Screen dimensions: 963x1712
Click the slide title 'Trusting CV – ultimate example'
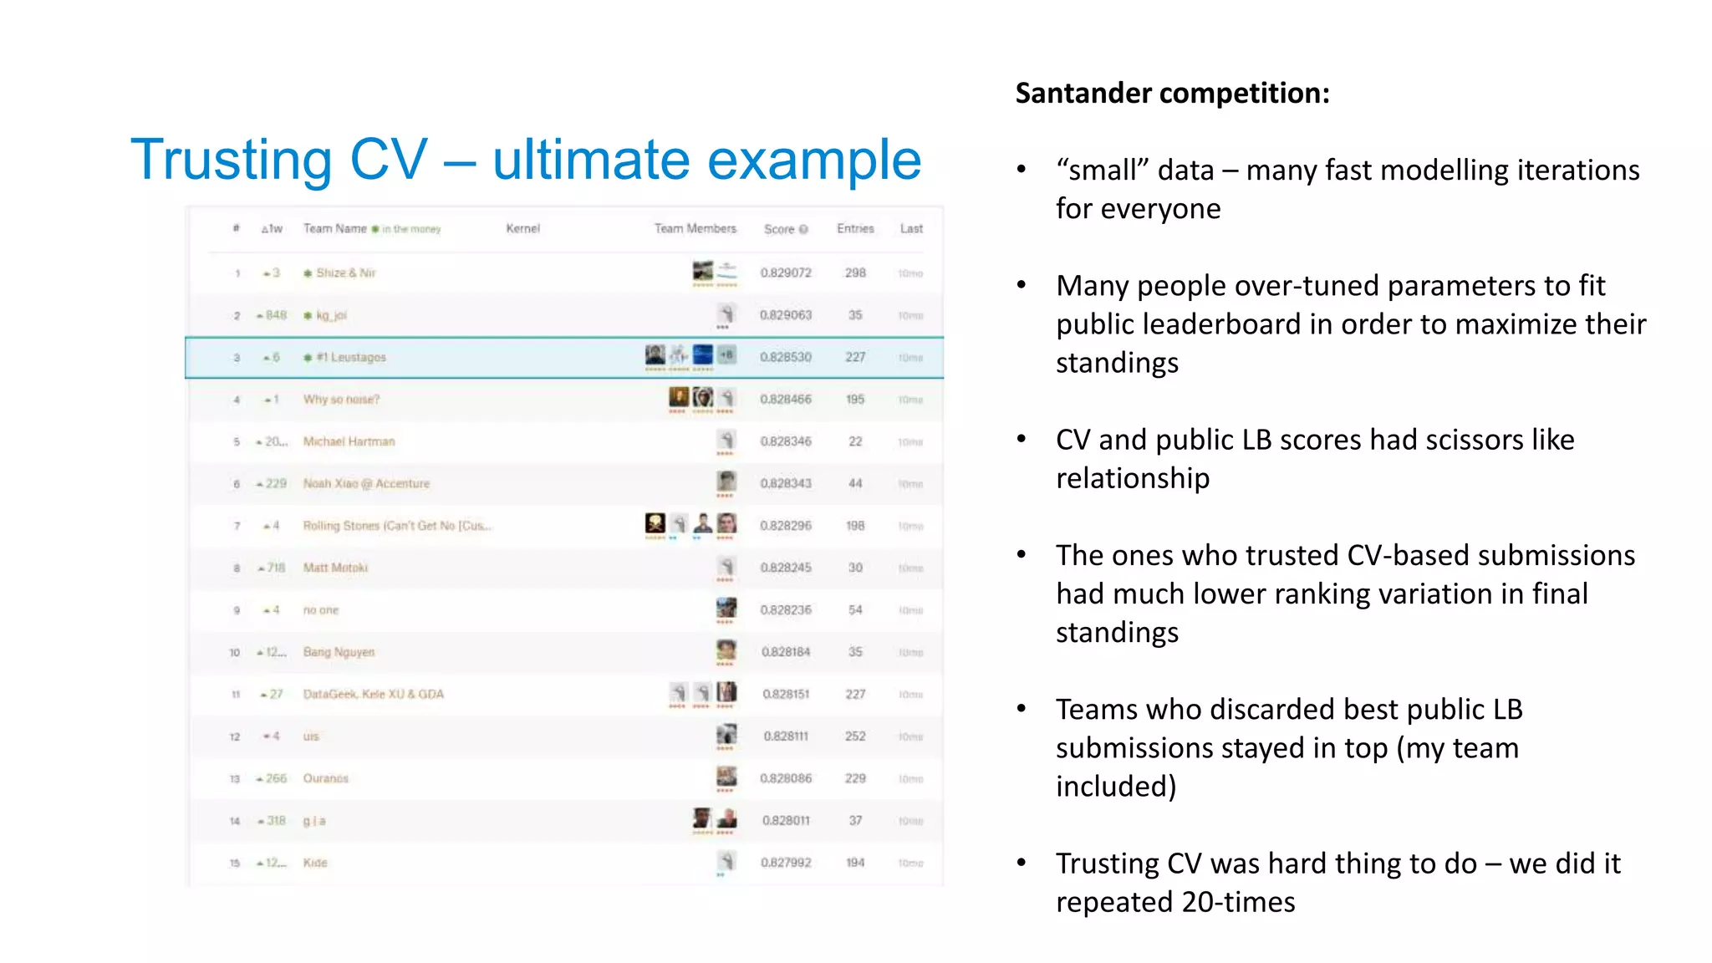pyautogui.click(x=526, y=160)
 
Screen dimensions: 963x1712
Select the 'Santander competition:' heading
pyautogui.click(x=1172, y=93)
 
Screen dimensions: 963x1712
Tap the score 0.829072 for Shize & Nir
pyautogui.click(x=786, y=273)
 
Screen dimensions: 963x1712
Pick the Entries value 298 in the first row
pyautogui.click(x=855, y=273)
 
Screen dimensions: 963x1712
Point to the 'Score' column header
pyautogui.click(x=779, y=229)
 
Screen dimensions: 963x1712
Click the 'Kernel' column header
pyautogui.click(x=523, y=228)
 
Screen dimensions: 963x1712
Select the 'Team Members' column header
pyautogui.click(x=695, y=228)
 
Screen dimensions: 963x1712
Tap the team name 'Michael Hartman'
pyautogui.click(x=349, y=441)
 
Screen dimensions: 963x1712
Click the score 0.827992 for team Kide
pyautogui.click(x=786, y=863)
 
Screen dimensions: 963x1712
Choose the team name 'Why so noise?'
pyautogui.click(x=341, y=400)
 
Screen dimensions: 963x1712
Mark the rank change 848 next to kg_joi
pyautogui.click(x=276, y=315)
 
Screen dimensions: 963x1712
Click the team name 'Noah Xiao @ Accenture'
pyautogui.click(x=366, y=484)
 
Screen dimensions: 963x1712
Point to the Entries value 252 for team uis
pyautogui.click(x=855, y=736)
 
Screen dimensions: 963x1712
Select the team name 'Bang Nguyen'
pyautogui.click(x=339, y=652)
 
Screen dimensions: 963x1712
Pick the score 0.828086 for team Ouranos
pyautogui.click(x=786, y=778)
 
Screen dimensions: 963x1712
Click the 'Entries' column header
pyautogui.click(x=855, y=228)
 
